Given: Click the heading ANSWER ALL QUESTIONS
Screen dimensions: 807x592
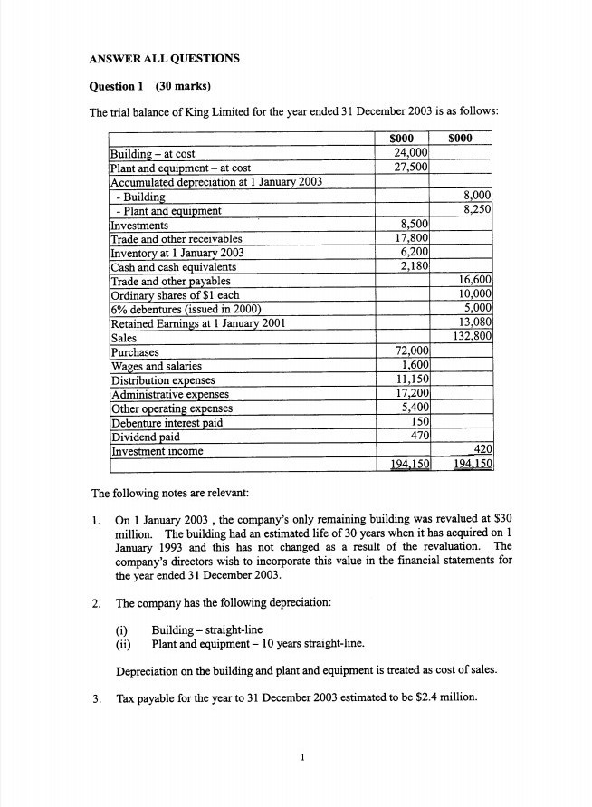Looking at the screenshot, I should (164, 59).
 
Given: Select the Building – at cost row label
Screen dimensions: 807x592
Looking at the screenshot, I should (152, 154).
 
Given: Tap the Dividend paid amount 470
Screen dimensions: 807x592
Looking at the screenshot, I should (418, 436).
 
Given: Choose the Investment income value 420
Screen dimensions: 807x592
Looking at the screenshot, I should (481, 450).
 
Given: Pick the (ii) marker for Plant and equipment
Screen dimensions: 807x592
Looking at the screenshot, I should (124, 644).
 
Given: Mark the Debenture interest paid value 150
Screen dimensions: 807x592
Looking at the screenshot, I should (418, 422).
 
